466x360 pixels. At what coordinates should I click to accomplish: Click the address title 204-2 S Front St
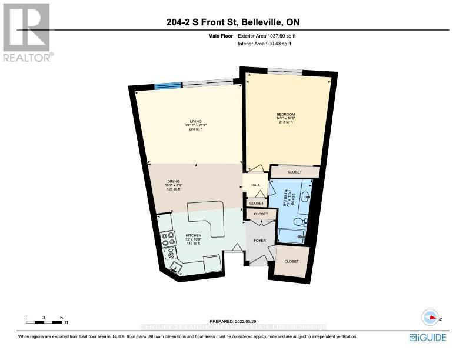pyautogui.click(x=233, y=23)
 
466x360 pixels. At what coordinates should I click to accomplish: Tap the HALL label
pyautogui.click(x=255, y=185)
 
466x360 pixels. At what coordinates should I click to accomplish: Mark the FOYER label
pyautogui.click(x=259, y=241)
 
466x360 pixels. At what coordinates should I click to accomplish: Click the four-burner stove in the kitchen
pyautogui.click(x=167, y=240)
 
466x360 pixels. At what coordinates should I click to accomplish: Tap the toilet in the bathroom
pyautogui.click(x=299, y=222)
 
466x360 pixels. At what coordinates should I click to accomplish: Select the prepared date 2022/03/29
pyautogui.click(x=233, y=321)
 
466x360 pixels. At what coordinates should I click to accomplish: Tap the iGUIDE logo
pyautogui.click(x=428, y=337)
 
